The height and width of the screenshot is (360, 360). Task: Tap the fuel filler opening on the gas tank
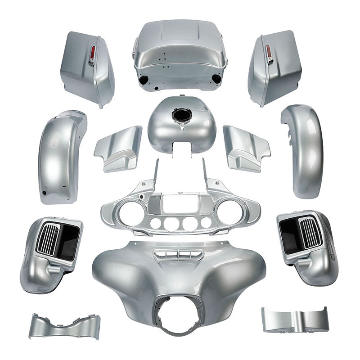181,117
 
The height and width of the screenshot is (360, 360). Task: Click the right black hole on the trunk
216,79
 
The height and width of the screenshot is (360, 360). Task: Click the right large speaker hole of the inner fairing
229,209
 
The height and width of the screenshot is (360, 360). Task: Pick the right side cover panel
246,147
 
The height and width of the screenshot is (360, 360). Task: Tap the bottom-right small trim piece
294,319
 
